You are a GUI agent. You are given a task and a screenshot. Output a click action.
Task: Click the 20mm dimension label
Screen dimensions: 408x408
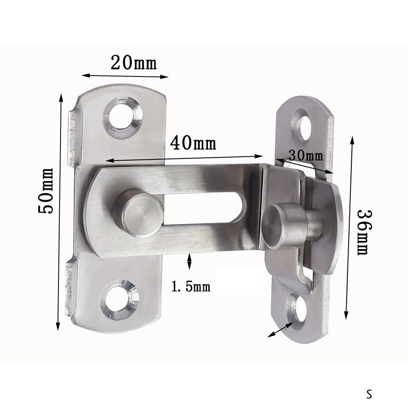(x=134, y=64)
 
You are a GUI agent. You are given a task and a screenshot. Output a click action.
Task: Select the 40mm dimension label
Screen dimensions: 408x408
(x=193, y=143)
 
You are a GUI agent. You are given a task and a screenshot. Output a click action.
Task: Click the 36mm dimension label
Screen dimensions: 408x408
(x=362, y=232)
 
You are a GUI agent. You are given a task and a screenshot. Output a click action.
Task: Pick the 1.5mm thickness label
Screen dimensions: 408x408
(x=191, y=286)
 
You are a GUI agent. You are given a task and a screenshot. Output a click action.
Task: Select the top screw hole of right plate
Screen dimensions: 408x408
(x=304, y=124)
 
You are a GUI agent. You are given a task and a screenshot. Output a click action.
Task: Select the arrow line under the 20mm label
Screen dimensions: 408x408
(x=125, y=76)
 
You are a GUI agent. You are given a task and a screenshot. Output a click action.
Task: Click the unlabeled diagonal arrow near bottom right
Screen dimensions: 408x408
(x=280, y=329)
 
